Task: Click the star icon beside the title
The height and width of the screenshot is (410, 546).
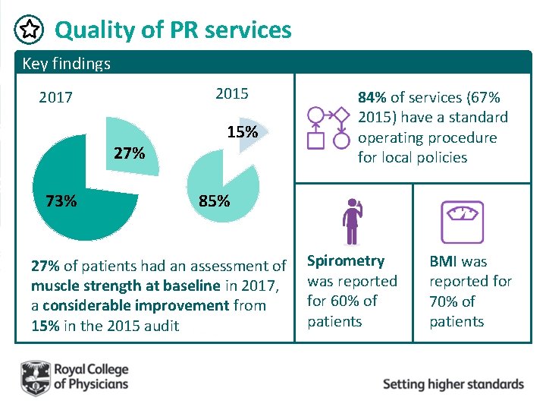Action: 28,30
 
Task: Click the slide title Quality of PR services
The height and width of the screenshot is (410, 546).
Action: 173,30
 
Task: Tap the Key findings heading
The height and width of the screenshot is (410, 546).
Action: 66,63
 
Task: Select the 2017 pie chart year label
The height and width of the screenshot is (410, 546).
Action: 56,98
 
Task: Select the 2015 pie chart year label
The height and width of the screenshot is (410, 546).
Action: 231,93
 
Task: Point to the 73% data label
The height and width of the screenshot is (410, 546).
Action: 61,201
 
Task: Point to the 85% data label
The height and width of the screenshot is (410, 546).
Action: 214,202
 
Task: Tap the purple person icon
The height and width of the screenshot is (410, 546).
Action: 352,221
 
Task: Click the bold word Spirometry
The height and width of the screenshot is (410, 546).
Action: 345,260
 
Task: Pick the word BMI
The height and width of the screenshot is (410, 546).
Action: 444,261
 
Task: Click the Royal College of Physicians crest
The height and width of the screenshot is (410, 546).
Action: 34,377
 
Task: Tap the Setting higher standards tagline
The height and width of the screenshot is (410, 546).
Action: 453,383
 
